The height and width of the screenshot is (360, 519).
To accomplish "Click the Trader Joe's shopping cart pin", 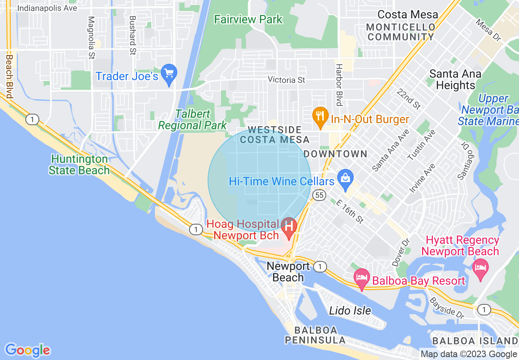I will coord(169,74).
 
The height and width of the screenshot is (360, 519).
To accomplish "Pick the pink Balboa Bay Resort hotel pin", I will coord(362,278).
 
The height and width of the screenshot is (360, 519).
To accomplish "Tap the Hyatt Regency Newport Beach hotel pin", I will coord(481,268).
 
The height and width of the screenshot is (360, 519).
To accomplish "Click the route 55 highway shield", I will coord(319,195).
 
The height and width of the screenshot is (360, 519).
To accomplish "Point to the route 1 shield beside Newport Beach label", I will coord(320,267).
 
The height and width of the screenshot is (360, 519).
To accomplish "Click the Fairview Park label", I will coord(248,19).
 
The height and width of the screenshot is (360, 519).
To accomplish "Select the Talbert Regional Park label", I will coord(192,119).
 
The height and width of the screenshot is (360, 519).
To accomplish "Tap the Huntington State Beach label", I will coord(79,164).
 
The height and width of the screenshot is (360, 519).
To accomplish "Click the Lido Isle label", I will coord(350,310).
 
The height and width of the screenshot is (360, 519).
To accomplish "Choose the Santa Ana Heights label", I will coord(455,79).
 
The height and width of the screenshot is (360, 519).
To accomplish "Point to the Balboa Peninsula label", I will coord(316,335).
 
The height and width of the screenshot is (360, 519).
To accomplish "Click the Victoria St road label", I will coord(287,80).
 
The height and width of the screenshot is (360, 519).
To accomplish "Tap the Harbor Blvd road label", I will coord(339,84).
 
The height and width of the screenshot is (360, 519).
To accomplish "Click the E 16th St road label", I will coord(350,211).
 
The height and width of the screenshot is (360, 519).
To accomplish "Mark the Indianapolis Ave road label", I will coord(47,8).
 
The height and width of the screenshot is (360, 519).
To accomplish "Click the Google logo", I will coord(28,350).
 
